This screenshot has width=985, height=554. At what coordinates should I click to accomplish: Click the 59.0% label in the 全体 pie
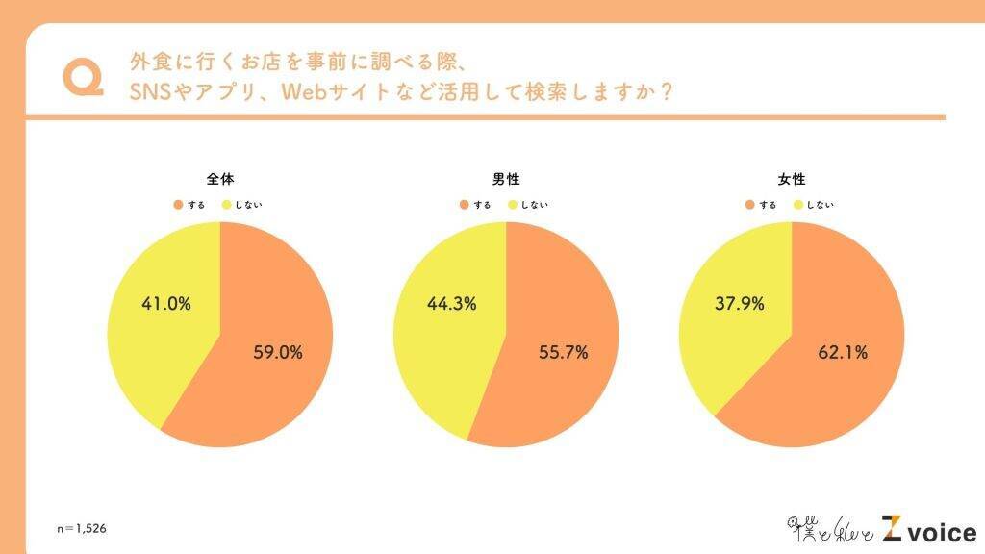(276, 352)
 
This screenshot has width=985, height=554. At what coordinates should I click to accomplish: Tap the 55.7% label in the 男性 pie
(563, 352)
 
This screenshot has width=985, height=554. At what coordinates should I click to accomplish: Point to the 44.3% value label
(451, 304)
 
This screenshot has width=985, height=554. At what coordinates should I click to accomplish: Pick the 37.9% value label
(740, 304)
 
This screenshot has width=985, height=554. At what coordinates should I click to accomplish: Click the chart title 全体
(219, 180)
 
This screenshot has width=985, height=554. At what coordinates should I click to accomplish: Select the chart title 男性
(505, 180)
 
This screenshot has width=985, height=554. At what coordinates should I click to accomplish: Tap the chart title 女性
(791, 180)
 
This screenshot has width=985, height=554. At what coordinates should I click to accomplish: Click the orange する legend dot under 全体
(178, 205)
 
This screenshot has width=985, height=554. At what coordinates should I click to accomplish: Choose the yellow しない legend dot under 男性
(513, 205)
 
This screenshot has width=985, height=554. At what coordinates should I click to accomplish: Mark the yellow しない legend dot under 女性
(797, 205)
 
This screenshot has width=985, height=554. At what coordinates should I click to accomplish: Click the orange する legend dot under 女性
(748, 205)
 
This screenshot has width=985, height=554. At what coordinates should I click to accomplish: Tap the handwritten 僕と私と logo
(830, 530)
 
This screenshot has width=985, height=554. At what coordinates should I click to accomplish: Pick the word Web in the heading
(302, 93)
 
